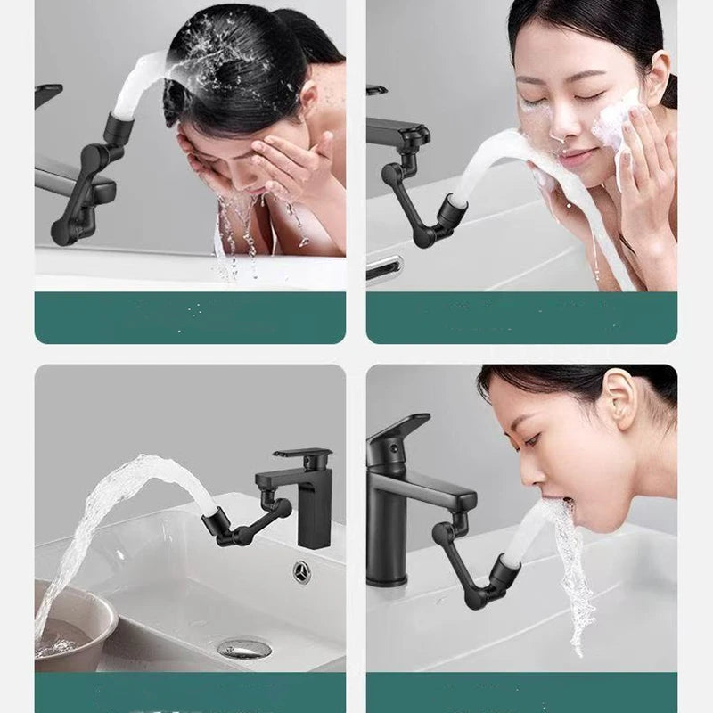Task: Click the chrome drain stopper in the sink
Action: [243, 647]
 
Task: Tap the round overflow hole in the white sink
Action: [301, 572]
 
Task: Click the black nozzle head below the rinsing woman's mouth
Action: [506, 574]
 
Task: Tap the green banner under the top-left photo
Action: [190, 317]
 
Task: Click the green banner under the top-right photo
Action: [521, 317]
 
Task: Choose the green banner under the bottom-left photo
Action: [190, 693]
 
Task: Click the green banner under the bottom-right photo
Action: [521, 693]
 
